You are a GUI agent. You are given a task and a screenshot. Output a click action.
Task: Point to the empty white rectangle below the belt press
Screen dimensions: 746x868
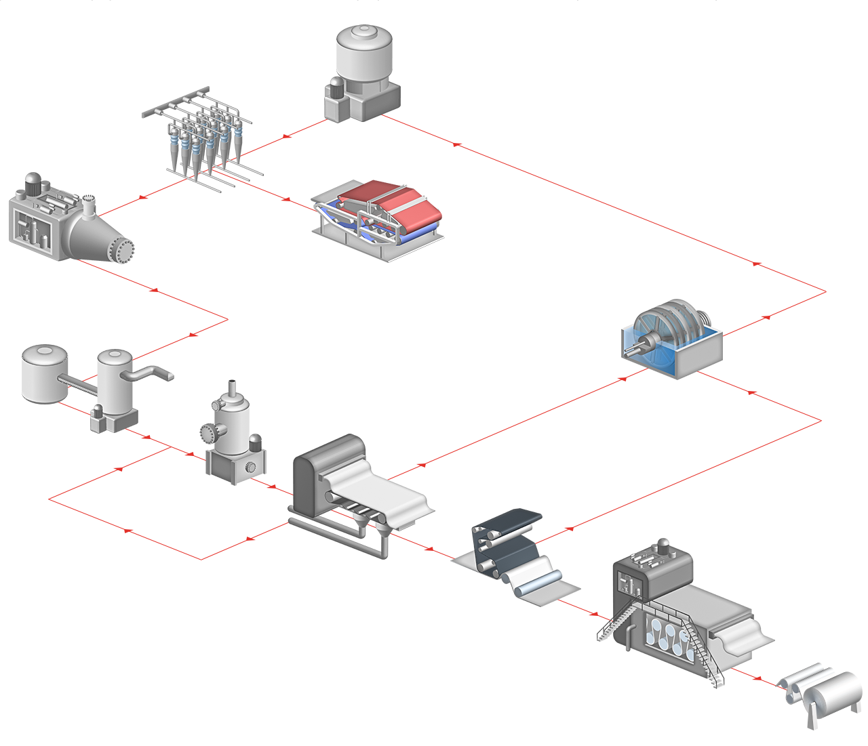pos(296,271)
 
